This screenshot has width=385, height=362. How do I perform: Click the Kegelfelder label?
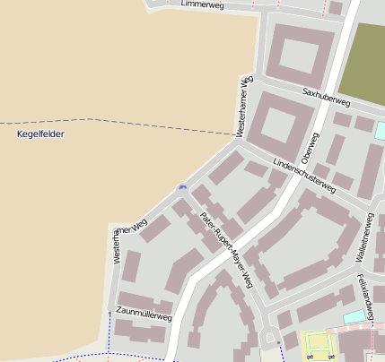(x=41, y=134)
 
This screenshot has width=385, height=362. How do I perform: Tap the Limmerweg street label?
(x=202, y=4)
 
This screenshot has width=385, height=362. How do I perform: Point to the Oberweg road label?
(x=310, y=150)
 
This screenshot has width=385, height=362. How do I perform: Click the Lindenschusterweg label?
(x=304, y=176)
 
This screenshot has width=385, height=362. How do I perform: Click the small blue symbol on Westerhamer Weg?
(x=182, y=187)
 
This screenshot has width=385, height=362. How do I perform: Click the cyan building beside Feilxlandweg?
(x=355, y=316)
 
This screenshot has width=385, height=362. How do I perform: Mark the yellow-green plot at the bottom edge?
(x=318, y=344)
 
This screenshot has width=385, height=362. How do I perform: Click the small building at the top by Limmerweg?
(x=335, y=8)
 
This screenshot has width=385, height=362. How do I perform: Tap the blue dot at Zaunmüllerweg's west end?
(x=109, y=313)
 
